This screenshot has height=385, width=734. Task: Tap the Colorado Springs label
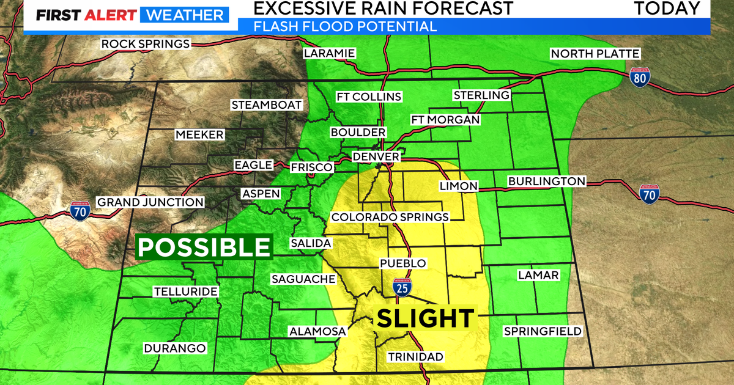pos(390,217)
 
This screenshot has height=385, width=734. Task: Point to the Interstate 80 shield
pos(640,76)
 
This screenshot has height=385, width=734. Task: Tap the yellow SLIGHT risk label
pos(425,318)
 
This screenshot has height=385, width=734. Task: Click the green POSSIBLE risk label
pos(204,248)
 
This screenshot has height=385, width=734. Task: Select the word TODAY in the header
pos(667,9)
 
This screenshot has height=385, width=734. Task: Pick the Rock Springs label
pos(146,43)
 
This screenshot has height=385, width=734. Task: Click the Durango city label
pos(175,348)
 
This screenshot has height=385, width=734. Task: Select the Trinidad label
pos(415,356)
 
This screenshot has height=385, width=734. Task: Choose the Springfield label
pos(542,331)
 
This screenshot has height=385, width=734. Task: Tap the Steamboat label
pos(267,105)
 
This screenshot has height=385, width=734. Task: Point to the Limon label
pos(458,186)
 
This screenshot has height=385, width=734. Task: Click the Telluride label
pos(185,291)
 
